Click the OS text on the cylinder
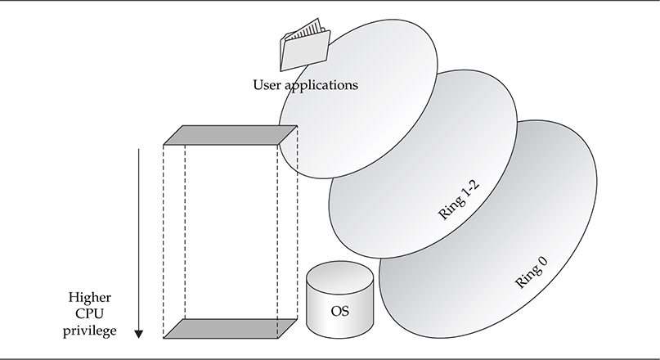pos(340,310)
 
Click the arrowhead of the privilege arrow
pos(139,332)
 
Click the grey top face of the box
pos(230,136)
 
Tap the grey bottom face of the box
pos(230,328)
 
